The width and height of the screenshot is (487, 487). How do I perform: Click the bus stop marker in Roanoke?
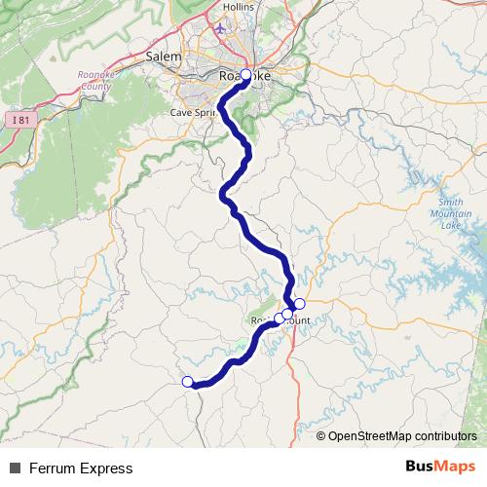(245, 75)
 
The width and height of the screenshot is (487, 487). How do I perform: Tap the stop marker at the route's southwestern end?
(188, 382)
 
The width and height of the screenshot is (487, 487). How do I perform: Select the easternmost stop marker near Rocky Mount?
(299, 304)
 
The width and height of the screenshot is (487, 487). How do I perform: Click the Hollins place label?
(238, 7)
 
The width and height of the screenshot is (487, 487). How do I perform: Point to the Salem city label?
(164, 56)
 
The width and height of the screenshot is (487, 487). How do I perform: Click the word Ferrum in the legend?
(53, 468)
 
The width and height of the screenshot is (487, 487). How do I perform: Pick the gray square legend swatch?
(15, 468)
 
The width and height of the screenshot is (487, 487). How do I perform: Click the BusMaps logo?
(439, 468)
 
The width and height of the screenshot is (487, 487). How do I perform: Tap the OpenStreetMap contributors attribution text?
(402, 436)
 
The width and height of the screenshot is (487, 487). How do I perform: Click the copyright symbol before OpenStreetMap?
(321, 436)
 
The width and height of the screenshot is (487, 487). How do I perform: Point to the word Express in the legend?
(106, 468)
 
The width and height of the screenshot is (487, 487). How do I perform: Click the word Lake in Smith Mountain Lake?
(451, 225)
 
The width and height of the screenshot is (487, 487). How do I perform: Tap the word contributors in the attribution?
(444, 436)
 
